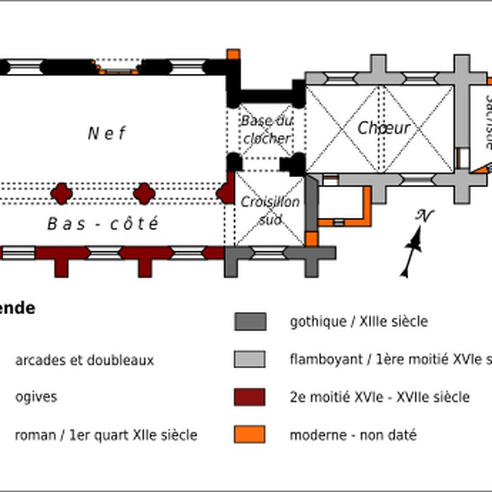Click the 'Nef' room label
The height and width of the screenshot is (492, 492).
pos(107,133)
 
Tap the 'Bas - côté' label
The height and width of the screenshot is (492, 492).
pos(103,224)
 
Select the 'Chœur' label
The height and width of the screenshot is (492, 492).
pos(383,128)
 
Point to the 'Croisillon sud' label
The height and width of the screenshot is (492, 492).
pos(270,210)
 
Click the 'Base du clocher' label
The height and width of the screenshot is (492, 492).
pos(266,129)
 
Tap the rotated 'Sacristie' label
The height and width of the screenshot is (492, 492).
pos(487,122)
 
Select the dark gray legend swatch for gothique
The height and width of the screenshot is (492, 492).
pos(250,322)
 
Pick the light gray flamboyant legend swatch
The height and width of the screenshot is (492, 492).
pos(250,359)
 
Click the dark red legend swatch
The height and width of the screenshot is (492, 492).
pos(250,397)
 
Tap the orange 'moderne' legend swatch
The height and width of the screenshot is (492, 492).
pos(250,434)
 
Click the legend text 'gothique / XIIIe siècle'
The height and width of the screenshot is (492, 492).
pos(358,322)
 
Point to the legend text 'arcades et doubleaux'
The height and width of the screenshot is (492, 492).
pos(84,361)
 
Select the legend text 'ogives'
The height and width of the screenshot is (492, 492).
pos(37,397)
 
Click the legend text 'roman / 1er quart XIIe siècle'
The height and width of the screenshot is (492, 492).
pos(106,435)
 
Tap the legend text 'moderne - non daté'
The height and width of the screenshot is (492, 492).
pos(353,435)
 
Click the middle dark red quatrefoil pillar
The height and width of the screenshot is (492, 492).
pos(144,193)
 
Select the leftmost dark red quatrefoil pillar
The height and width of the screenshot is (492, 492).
pos(62,193)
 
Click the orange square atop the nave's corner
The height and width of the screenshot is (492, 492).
pos(233,54)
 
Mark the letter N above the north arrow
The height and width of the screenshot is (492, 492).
pos(423,216)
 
